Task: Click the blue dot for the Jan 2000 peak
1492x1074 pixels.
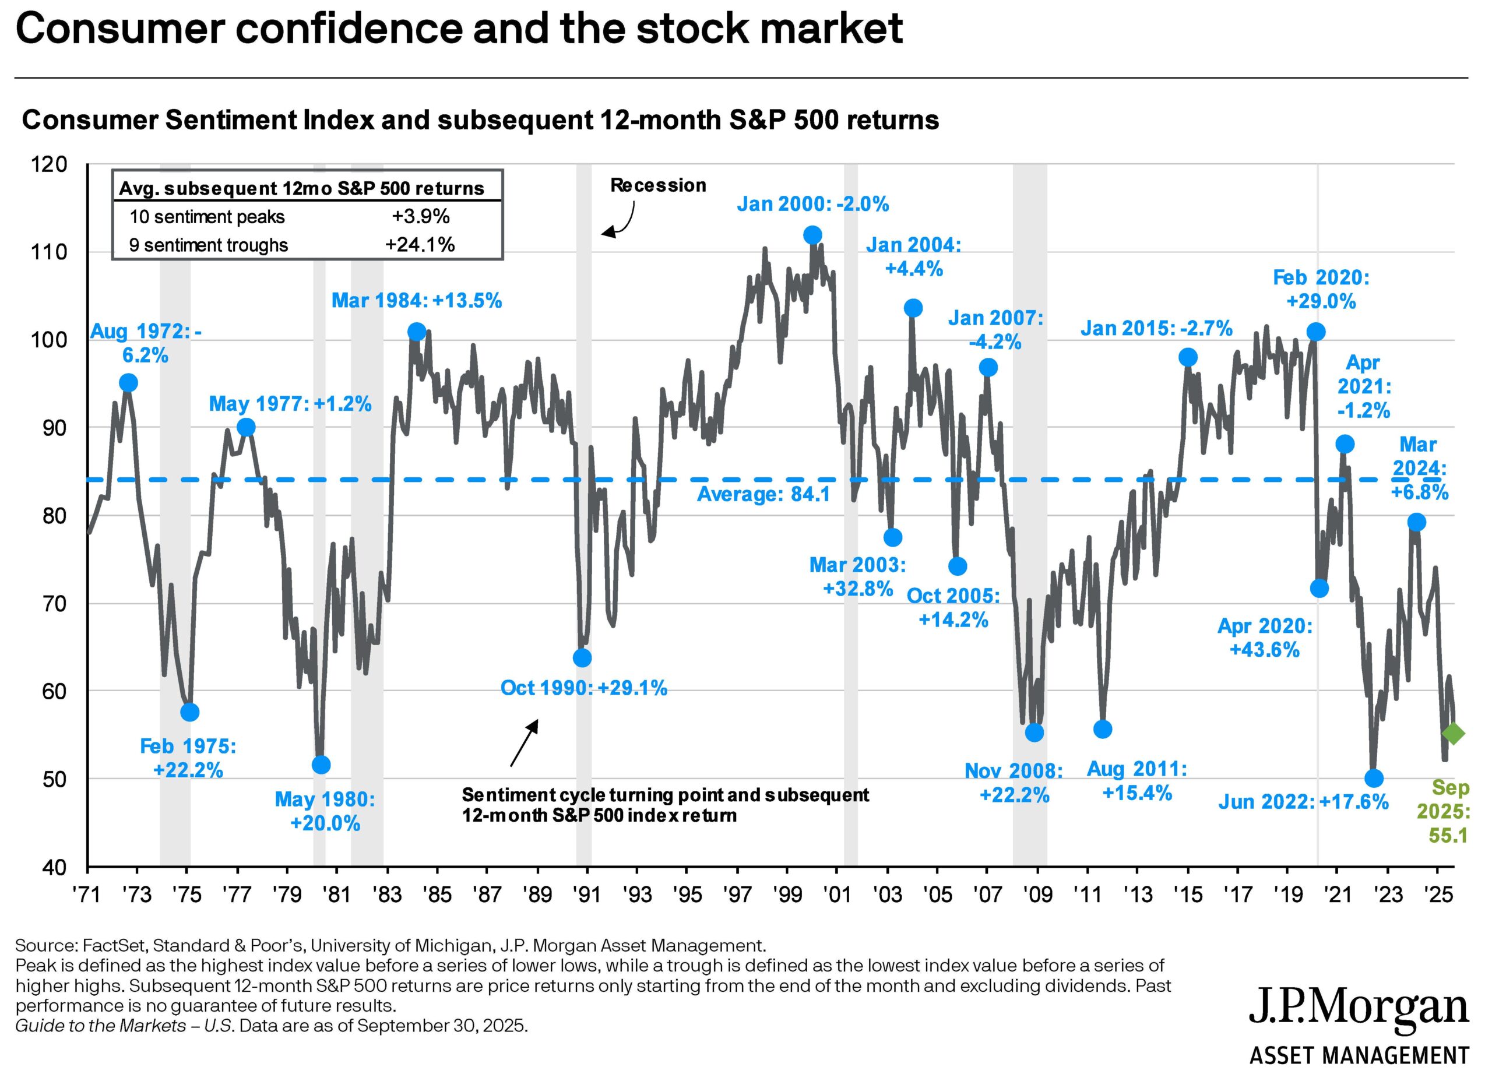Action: click(812, 235)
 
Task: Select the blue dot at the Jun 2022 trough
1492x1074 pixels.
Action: click(1374, 779)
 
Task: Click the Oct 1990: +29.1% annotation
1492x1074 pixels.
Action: click(583, 688)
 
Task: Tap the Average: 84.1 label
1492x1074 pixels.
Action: click(763, 494)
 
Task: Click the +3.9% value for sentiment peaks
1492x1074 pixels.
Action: click(420, 216)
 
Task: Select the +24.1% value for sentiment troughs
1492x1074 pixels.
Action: click(420, 245)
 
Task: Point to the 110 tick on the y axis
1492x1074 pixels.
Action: click(50, 252)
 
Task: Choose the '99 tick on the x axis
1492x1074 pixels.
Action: click(787, 895)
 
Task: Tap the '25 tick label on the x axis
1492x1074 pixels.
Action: click(1439, 895)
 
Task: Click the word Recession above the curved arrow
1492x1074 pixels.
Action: click(658, 185)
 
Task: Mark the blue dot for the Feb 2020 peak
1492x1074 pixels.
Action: click(1315, 332)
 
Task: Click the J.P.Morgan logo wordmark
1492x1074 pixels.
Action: click(1359, 1007)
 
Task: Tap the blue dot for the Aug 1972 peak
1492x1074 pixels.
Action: click(129, 383)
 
